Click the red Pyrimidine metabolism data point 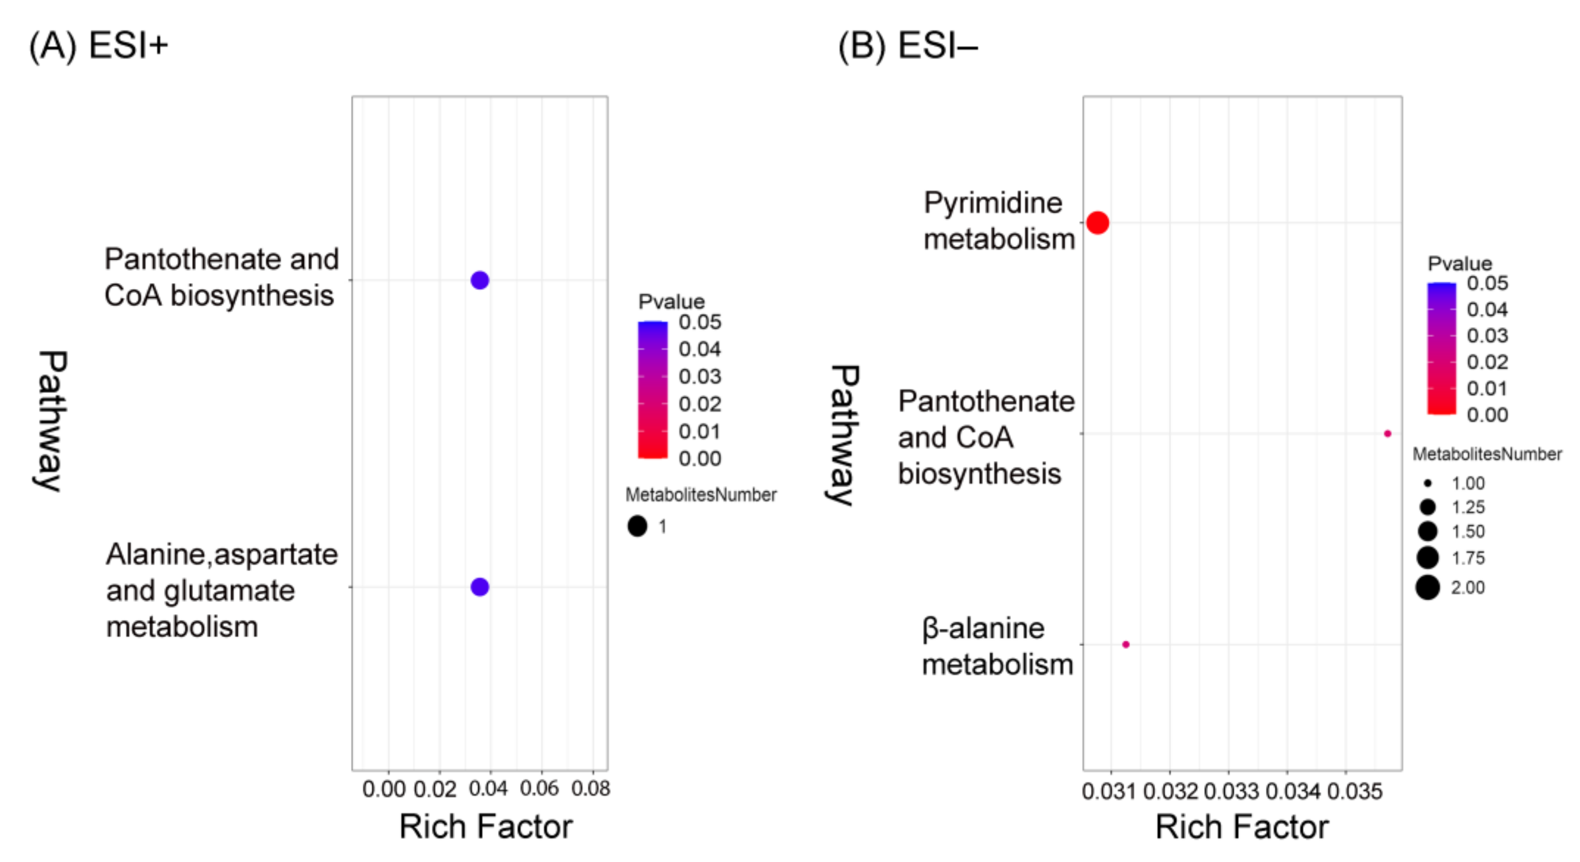tap(1097, 222)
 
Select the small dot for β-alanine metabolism tap(1126, 645)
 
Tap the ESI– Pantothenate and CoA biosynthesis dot tap(1387, 433)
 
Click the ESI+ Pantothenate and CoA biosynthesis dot tap(480, 280)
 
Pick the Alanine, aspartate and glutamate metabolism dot tap(480, 587)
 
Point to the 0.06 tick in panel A tap(539, 789)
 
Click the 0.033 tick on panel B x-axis tap(1231, 791)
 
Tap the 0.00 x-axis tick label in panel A tap(384, 789)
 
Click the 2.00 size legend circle tap(1427, 587)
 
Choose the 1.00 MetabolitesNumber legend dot tap(1427, 483)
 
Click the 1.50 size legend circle tap(1427, 531)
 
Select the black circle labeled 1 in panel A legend tap(637, 526)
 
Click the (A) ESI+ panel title tap(98, 46)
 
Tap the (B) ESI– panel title tap(908, 46)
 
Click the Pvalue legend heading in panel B tap(1459, 263)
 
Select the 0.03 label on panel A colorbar tap(700, 377)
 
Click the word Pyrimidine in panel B tap(993, 202)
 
